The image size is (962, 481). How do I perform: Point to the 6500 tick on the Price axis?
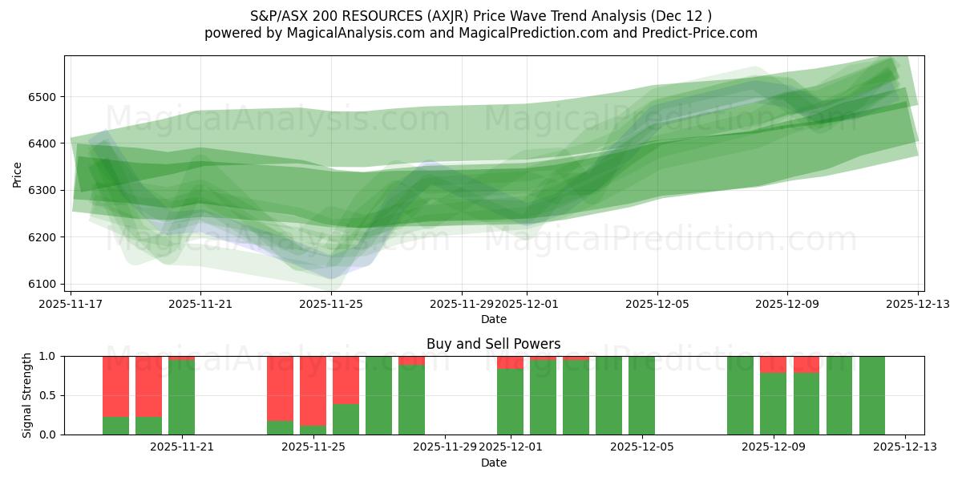(x=43, y=97)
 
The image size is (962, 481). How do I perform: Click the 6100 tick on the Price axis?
(x=43, y=284)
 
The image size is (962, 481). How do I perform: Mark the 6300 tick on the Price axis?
(x=43, y=191)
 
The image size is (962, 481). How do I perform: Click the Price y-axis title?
(x=18, y=173)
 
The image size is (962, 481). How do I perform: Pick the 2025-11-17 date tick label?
(x=71, y=305)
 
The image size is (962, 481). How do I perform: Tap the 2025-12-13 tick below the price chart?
(x=917, y=305)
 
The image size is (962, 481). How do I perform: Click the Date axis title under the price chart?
(x=494, y=319)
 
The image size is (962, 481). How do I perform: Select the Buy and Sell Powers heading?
(x=494, y=344)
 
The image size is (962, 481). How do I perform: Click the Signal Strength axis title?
(x=27, y=395)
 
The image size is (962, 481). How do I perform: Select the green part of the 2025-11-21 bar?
(x=181, y=398)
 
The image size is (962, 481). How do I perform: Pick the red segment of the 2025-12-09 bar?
(x=773, y=364)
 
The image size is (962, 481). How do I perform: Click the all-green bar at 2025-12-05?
(x=641, y=395)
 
